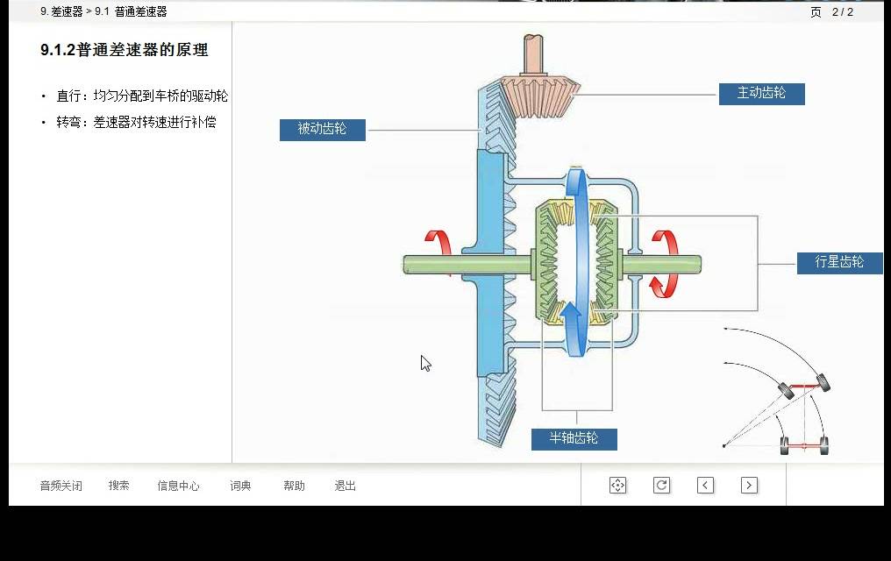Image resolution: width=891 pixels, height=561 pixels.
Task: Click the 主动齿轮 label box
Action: [x=761, y=94]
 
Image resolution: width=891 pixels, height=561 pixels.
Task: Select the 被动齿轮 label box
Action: [x=322, y=130]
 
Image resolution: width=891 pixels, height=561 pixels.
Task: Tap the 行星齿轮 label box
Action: [x=839, y=263]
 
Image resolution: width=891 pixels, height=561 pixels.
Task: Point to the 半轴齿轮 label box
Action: [x=574, y=439]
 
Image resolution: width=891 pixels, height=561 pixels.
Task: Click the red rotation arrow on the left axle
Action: [x=438, y=245]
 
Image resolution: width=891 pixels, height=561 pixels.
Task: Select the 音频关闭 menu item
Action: [x=61, y=486]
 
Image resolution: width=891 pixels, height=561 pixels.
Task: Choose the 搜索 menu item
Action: [x=118, y=486]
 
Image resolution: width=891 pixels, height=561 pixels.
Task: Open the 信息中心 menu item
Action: [x=178, y=486]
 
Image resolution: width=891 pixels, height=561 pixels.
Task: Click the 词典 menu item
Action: [x=240, y=486]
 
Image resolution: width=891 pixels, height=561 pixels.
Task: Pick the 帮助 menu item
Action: [x=294, y=486]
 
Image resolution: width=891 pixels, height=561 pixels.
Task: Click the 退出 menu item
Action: [x=345, y=486]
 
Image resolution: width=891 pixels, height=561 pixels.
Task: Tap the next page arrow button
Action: [x=749, y=485]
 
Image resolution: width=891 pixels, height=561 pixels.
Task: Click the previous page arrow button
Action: [x=705, y=485]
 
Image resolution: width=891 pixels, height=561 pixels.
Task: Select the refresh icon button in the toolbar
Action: [x=661, y=485]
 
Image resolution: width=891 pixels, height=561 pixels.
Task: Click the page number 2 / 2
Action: [x=843, y=12]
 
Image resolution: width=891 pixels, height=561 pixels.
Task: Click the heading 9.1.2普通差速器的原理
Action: [x=125, y=50]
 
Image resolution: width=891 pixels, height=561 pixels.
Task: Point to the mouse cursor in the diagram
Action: [x=425, y=363]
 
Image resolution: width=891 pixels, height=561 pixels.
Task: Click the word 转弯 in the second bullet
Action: [x=68, y=122]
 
